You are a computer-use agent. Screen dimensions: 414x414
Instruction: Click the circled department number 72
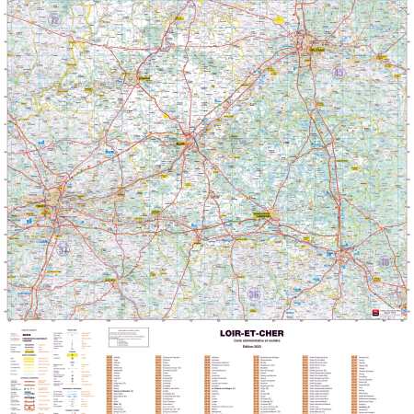point(54,18)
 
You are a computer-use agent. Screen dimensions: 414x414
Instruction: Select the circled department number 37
point(63,249)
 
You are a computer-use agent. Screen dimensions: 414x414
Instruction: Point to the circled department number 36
point(254,293)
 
